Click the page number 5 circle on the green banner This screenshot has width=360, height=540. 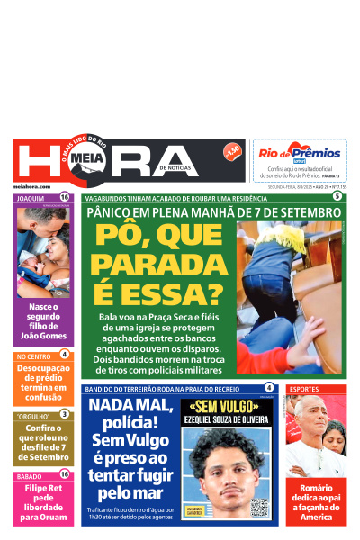click(337, 196)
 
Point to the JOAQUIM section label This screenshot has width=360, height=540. click(31, 197)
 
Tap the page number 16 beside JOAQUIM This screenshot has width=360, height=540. click(64, 197)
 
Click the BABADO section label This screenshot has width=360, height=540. click(29, 475)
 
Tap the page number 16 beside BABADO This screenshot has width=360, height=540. click(64, 475)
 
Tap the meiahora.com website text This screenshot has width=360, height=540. click(31, 184)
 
